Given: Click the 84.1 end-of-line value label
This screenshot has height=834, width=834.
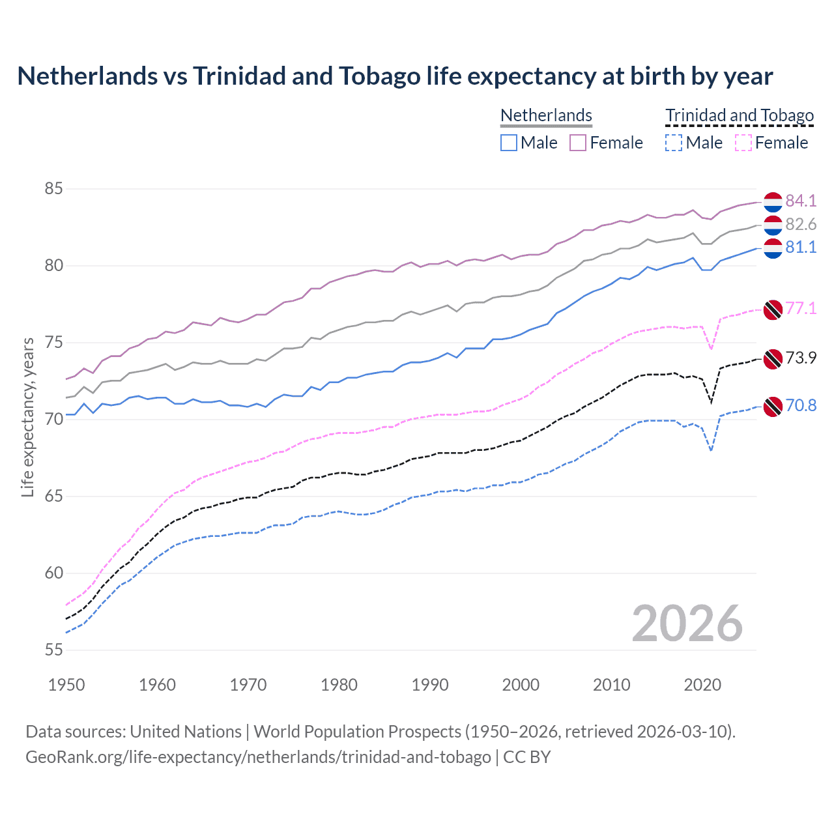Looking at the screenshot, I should pos(800,201).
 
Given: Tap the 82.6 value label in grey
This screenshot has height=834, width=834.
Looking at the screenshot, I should pos(800,224).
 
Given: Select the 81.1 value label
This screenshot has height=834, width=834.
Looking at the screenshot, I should pos(800,247).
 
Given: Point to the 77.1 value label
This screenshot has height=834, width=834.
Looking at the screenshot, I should pos(800,308).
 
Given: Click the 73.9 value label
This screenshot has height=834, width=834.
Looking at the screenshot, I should pos(800,358).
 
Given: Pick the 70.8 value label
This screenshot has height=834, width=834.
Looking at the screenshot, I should pos(800,405).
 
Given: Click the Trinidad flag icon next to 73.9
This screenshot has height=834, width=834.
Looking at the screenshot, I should pos(773,358).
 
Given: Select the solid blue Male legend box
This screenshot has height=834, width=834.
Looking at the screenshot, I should pos(509,143).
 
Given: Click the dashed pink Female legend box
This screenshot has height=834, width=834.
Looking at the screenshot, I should pos(743,143).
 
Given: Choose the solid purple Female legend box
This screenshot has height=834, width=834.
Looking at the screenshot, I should pos(578,143).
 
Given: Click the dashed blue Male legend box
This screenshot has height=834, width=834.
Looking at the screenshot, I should pos(674,143).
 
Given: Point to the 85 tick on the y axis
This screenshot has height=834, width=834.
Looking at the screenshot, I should pos(53,189).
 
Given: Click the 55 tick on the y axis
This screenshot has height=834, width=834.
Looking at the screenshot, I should pos(53,650).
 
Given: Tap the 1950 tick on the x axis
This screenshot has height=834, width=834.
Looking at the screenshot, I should pos(66,685).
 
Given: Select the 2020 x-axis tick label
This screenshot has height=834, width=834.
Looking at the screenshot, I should pos(702,685).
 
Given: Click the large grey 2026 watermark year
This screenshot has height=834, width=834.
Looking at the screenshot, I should pos(687,624).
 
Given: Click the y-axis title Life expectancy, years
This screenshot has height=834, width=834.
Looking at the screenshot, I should pos(27,417).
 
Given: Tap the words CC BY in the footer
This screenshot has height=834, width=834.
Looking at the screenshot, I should pos(526,757).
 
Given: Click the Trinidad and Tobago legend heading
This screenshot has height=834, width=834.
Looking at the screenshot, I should pos(740,115).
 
